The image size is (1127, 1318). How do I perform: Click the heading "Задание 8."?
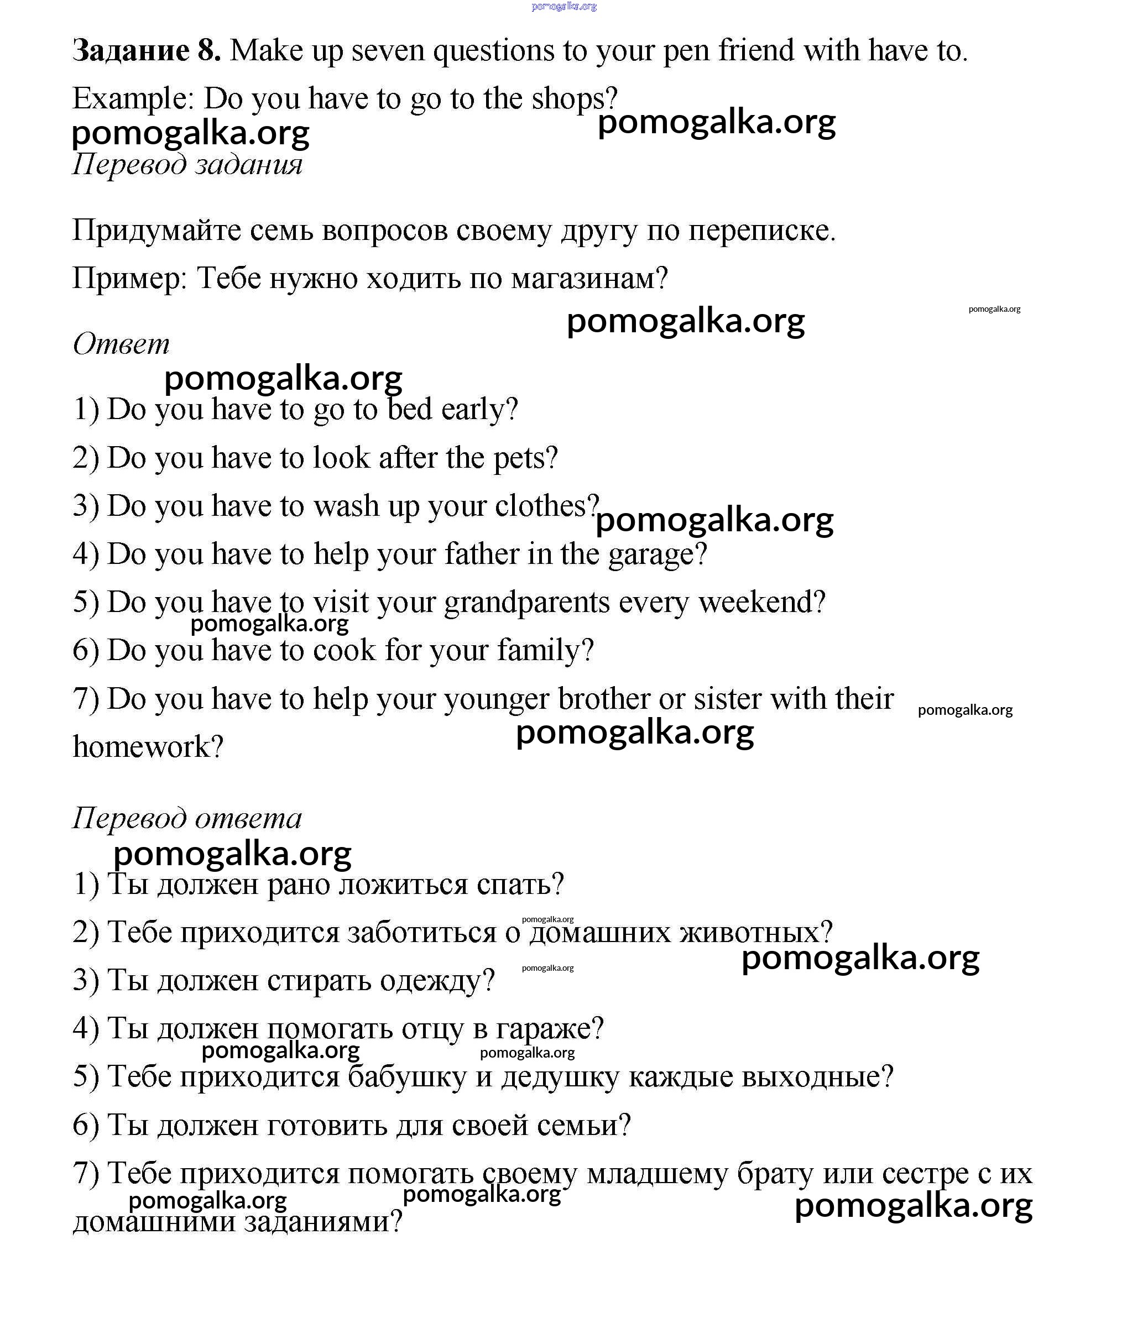147,50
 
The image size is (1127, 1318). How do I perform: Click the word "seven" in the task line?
388,50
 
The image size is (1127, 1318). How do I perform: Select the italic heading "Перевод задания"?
187,164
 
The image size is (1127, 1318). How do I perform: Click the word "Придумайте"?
156,231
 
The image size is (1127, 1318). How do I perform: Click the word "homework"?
140,747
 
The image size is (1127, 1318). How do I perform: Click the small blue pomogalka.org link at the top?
564,7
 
